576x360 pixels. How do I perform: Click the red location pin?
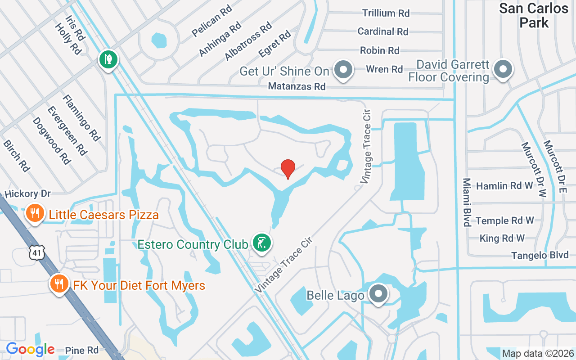[x=288, y=169]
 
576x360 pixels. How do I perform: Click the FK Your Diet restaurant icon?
[x=59, y=283]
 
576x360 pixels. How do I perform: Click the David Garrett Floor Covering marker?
[x=502, y=70]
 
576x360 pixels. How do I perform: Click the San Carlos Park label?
[x=534, y=15]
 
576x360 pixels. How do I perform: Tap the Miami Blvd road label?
[x=467, y=202]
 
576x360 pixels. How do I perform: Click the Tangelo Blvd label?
[x=540, y=256]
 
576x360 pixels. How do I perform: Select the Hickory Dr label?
[x=27, y=194]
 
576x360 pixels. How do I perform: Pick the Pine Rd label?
[x=81, y=350]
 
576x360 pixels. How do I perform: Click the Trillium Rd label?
[x=386, y=13]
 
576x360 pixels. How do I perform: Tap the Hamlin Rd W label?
[x=504, y=186]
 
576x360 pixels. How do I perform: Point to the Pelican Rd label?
[x=211, y=21]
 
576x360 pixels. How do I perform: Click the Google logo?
[x=30, y=349]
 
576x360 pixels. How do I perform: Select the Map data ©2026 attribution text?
[x=538, y=353]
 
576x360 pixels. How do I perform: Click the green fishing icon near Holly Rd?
[x=108, y=59]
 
